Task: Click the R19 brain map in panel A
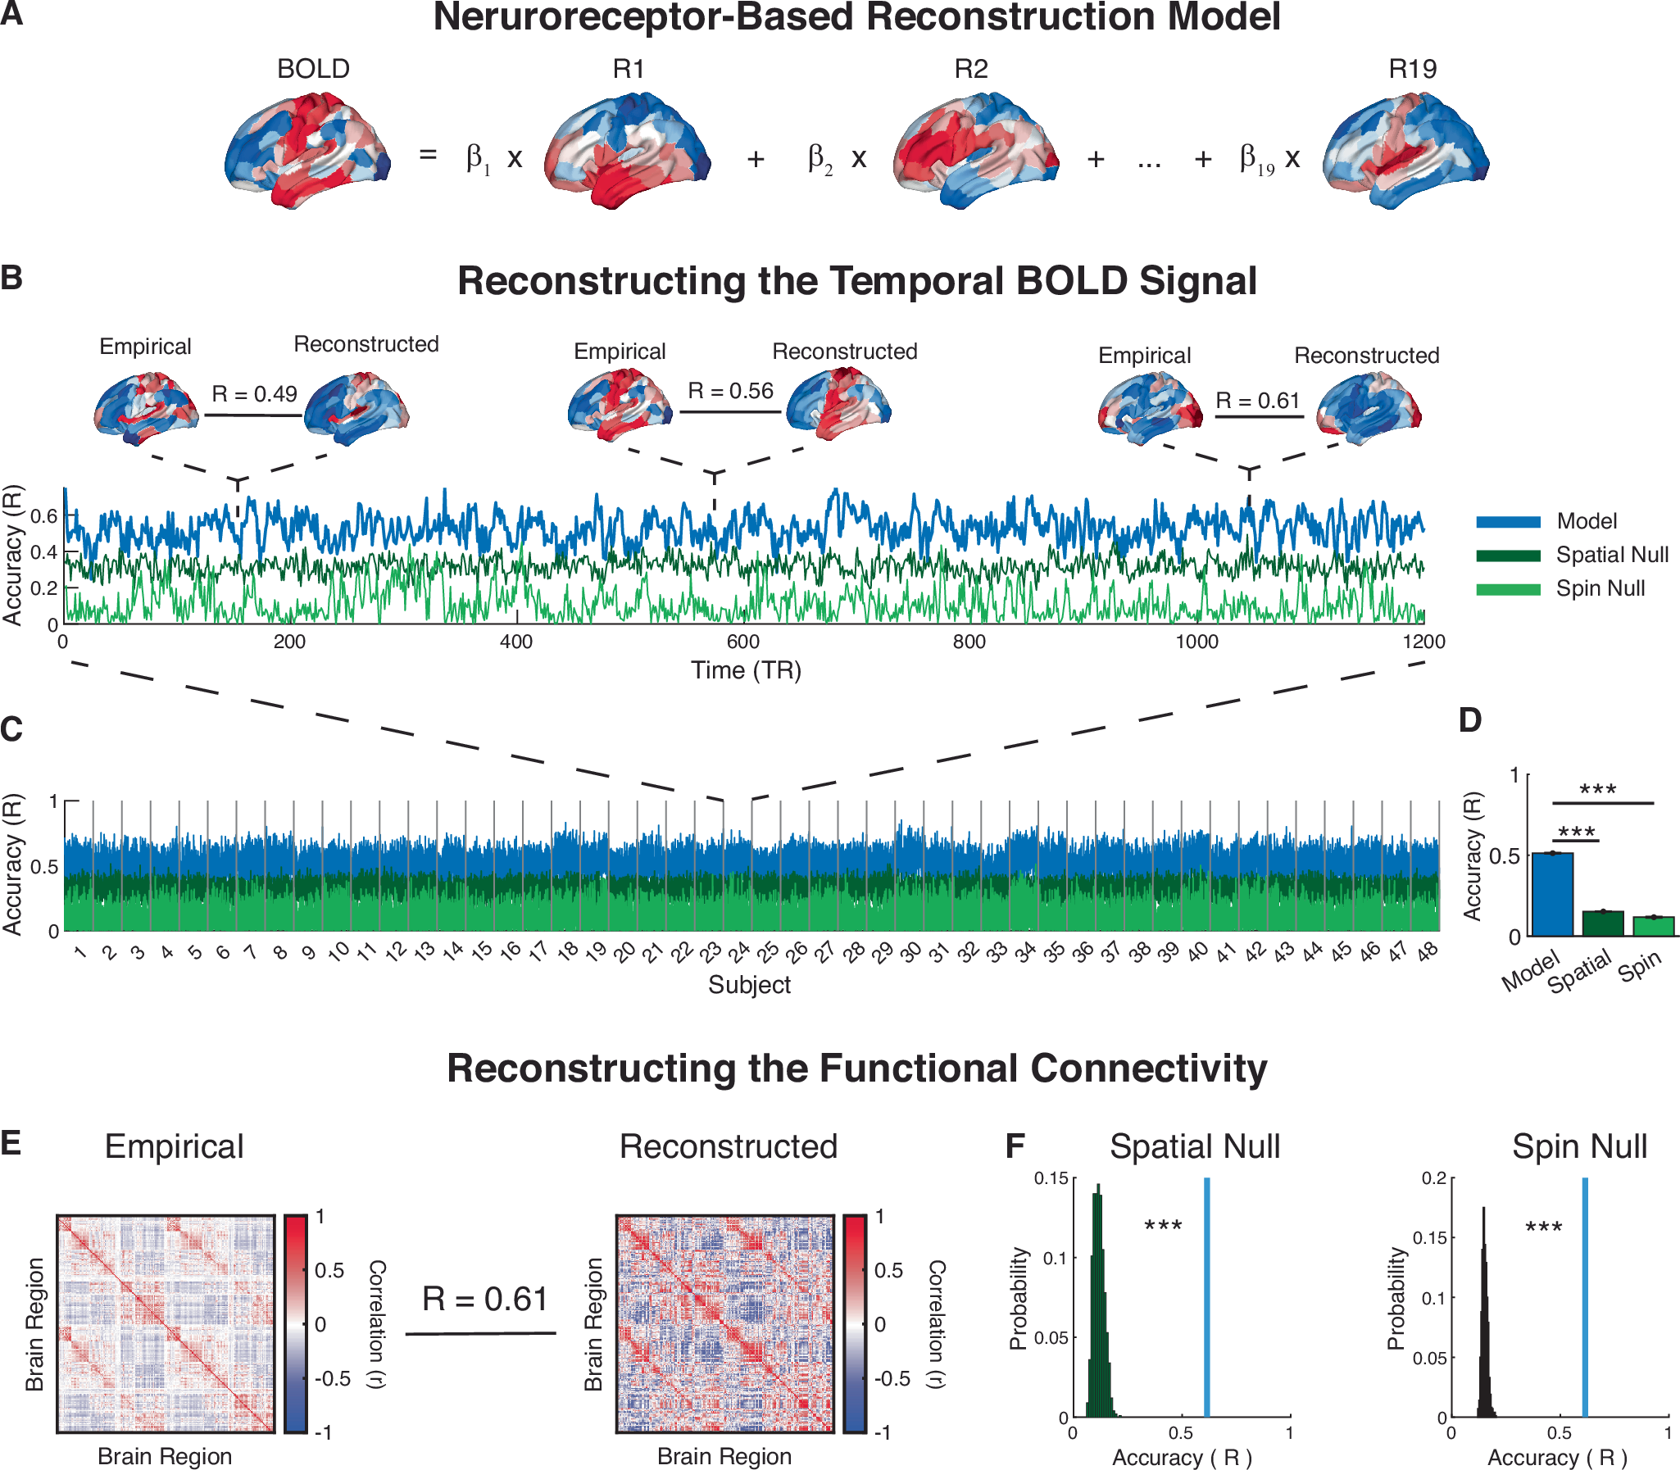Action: (1405, 152)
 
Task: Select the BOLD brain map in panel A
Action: (307, 152)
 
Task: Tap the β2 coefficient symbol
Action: (820, 158)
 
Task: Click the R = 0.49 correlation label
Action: (254, 395)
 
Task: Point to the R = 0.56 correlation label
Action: (730, 392)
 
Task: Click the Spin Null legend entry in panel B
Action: (1600, 589)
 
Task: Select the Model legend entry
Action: (1587, 521)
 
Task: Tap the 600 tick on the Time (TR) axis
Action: (742, 642)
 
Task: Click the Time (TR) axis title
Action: (746, 670)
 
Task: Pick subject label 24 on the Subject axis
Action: (739, 952)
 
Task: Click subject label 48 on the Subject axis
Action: (1428, 951)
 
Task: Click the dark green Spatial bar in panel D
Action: (1603, 923)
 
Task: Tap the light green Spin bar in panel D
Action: (1653, 926)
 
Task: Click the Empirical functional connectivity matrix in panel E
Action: (166, 1324)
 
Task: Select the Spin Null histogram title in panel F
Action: (1579, 1147)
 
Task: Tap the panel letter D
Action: (1470, 720)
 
